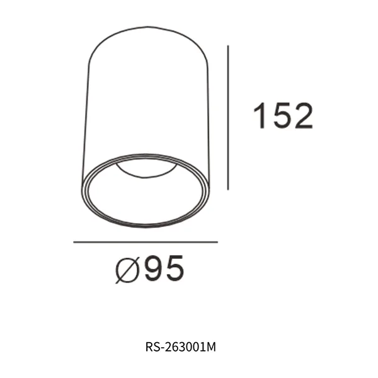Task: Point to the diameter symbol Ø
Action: pos(128,270)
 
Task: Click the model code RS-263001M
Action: pos(181,346)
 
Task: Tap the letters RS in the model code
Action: pos(152,346)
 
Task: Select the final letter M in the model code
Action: pos(212,346)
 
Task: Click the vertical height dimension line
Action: pos(227,117)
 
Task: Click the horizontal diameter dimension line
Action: pos(146,242)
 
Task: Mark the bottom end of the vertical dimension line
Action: pos(227,188)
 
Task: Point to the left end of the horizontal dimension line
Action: pos(74,242)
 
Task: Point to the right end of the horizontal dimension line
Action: pos(217,242)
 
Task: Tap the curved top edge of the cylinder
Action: pos(146,28)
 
